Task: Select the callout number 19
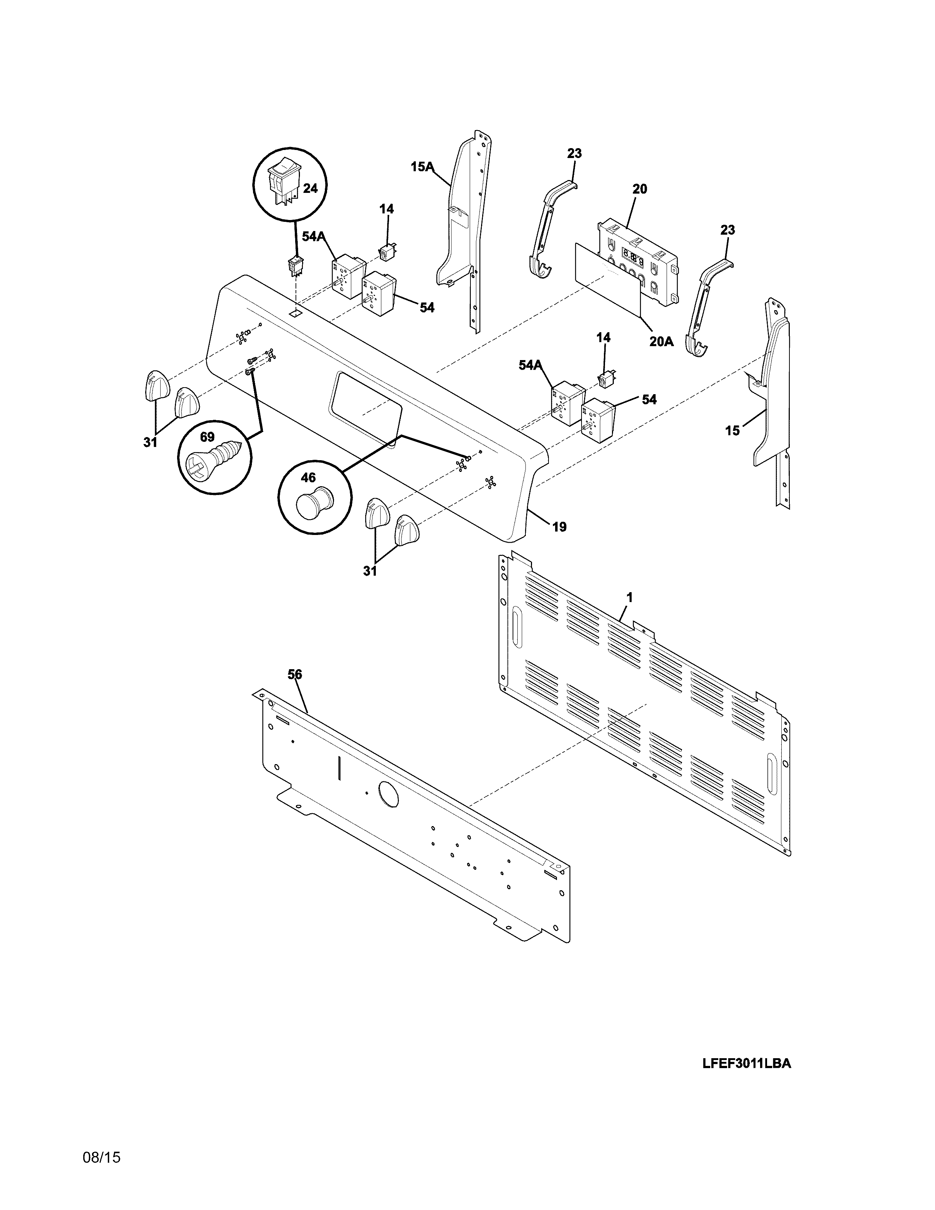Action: coord(560,527)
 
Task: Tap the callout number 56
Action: coord(295,674)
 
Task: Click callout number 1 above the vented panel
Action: coord(629,597)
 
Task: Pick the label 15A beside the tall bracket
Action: coord(422,166)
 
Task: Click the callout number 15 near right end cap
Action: coord(732,430)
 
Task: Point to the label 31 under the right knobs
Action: coord(370,571)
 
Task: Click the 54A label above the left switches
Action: coord(313,236)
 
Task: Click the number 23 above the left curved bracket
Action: coord(575,154)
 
